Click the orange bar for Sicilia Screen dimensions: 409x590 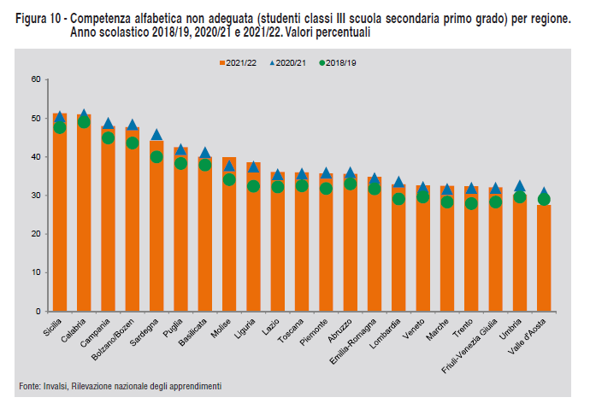coord(60,222)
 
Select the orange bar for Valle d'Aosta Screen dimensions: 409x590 coord(545,256)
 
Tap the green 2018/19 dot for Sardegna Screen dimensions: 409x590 coord(156,157)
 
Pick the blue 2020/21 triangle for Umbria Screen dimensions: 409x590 coord(520,186)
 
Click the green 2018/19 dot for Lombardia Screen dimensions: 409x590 coord(398,199)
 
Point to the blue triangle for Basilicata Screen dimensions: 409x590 coord(205,153)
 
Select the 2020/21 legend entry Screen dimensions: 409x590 coord(288,63)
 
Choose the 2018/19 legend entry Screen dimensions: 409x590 coord(339,63)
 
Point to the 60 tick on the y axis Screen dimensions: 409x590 coord(36,79)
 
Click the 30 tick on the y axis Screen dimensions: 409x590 coord(36,196)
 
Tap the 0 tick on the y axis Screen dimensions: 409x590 coord(38,311)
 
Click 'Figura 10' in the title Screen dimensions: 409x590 coord(38,19)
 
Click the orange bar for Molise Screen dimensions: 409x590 coord(229,239)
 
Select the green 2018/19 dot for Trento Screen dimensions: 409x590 coord(471,203)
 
